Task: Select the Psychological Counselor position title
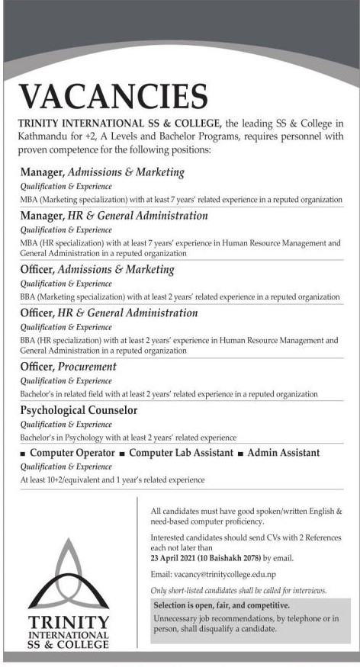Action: [79, 410]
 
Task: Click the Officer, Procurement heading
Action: [68, 367]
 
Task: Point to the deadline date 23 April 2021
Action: [182, 558]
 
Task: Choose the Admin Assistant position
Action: [284, 453]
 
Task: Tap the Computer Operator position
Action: [72, 453]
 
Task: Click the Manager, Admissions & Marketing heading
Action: [102, 172]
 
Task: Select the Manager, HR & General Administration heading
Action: [114, 216]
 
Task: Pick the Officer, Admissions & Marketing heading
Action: [97, 269]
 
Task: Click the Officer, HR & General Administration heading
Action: [108, 313]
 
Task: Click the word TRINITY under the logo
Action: [69, 622]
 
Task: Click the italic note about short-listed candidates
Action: [239, 591]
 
